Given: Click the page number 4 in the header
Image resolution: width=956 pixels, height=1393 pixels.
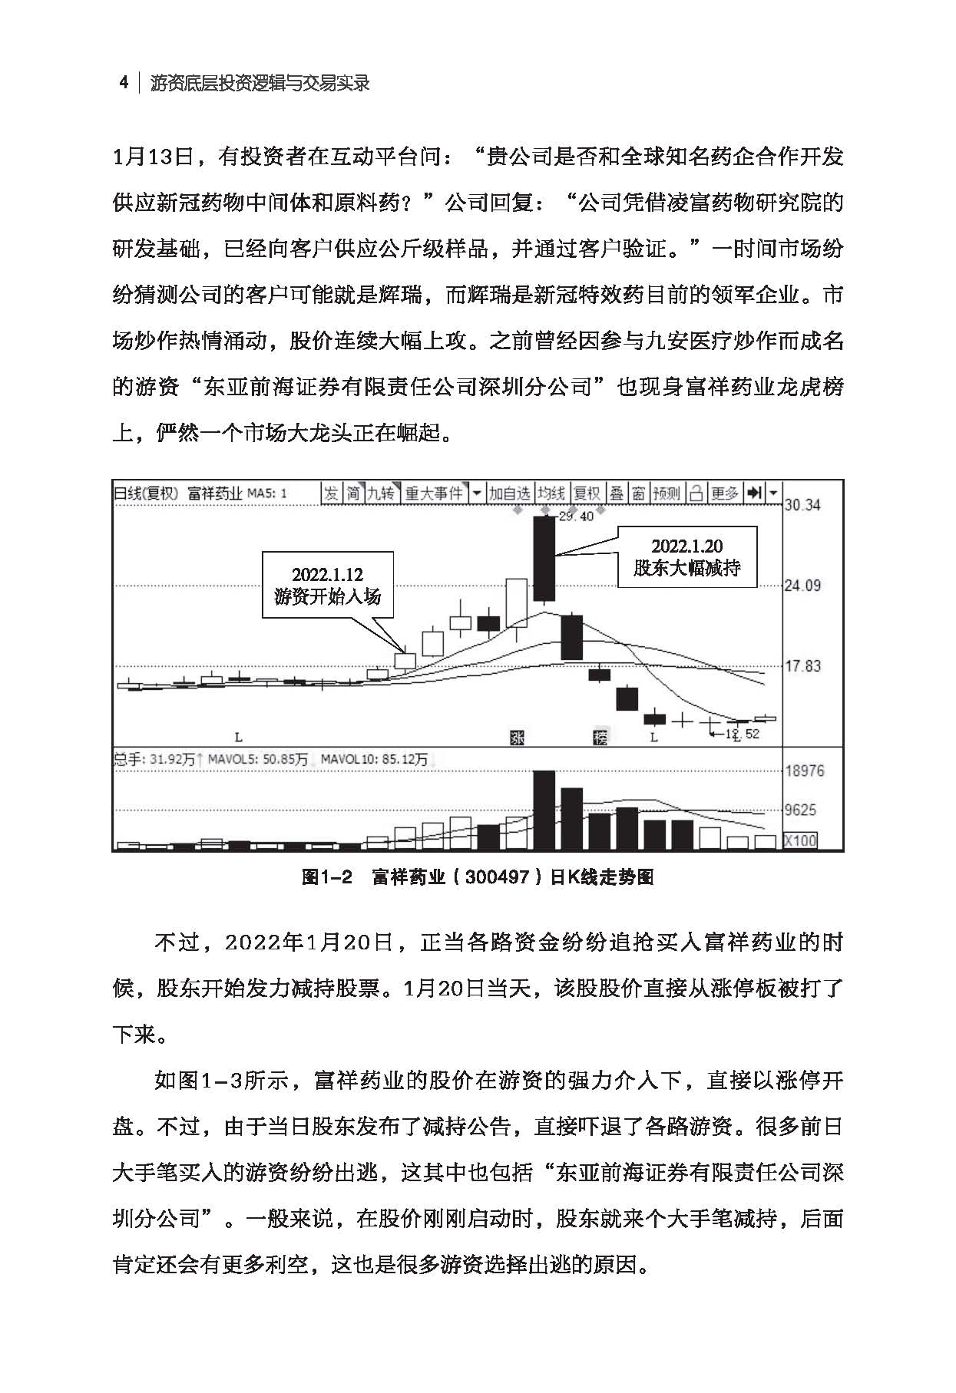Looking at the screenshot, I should point(124,82).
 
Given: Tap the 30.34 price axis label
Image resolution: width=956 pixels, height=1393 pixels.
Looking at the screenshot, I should point(802,505).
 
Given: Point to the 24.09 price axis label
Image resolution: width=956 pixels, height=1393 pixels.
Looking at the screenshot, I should point(802,586).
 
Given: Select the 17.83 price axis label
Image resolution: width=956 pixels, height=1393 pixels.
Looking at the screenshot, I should point(802,666).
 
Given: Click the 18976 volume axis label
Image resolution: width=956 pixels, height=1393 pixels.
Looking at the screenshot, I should point(804,771).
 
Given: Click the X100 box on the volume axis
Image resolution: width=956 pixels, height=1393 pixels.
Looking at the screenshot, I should point(800,840).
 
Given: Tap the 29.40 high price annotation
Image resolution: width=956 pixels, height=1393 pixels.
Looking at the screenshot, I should point(576,517).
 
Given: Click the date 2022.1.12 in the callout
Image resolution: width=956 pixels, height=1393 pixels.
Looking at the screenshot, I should point(327,574).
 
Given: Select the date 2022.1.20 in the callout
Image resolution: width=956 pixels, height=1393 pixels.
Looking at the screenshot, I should point(687,546).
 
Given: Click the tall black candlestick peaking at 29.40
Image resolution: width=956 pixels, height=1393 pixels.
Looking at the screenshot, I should point(544,558).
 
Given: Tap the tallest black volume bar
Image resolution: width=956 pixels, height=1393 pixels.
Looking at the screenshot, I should point(544,810).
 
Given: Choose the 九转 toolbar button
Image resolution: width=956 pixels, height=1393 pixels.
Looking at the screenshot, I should point(381,493).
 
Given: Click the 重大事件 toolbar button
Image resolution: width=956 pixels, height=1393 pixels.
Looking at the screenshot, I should point(435,493).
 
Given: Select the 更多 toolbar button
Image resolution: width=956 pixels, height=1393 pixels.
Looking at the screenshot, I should point(724,493).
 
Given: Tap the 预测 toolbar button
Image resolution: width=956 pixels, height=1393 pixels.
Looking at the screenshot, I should point(667,493).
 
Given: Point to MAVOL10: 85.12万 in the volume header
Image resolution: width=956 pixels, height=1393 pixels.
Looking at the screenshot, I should point(374,759).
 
